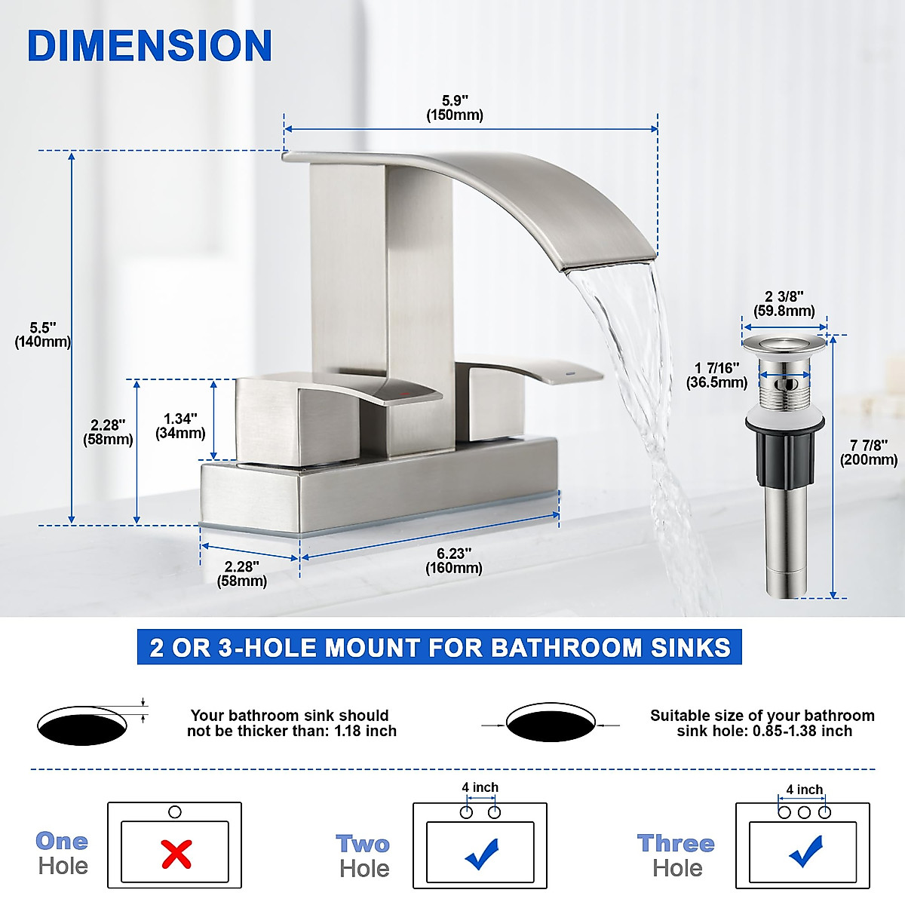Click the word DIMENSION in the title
pyautogui.click(x=149, y=46)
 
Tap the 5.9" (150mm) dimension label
pyautogui.click(x=455, y=108)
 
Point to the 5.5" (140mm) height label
pyautogui.click(x=43, y=335)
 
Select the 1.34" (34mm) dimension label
pyautogui.click(x=180, y=426)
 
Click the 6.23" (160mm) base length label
pyautogui.click(x=453, y=560)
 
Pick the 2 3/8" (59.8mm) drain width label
pyautogui.click(x=784, y=303)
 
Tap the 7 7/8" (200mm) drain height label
pyautogui.click(x=869, y=452)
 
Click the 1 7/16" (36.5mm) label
pyautogui.click(x=716, y=375)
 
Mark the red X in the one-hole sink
pyautogui.click(x=176, y=854)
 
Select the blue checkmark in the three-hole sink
pyautogui.click(x=805, y=851)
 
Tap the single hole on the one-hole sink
pyautogui.click(x=175, y=812)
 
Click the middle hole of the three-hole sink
pyautogui.click(x=804, y=812)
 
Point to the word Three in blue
pyautogui.click(x=675, y=843)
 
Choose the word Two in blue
pyautogui.click(x=363, y=843)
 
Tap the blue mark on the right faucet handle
pyautogui.click(x=569, y=373)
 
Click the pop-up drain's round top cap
pyautogui.click(x=784, y=345)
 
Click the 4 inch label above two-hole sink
pyautogui.click(x=480, y=787)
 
